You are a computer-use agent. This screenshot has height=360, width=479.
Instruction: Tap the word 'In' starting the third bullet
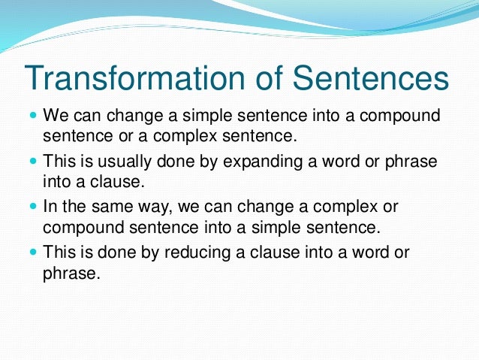point(50,207)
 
